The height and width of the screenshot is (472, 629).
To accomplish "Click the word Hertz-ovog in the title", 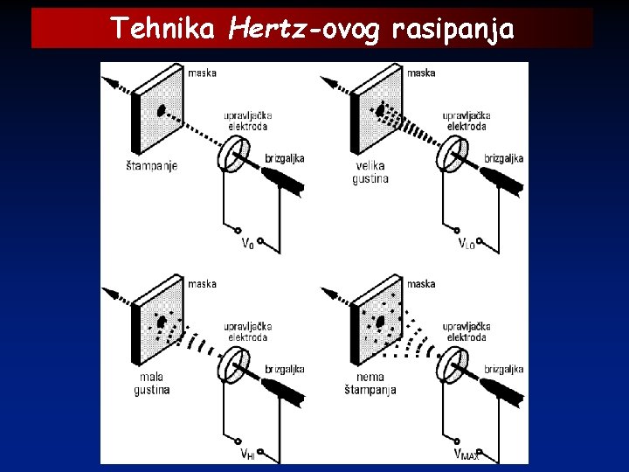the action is (304, 29).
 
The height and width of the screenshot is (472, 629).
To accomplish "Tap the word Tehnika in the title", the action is (162, 28).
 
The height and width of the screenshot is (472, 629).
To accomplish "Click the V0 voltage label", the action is (248, 243).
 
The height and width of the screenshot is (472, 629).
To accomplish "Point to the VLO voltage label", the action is (467, 243).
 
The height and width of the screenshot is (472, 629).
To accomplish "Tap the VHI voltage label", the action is (248, 454).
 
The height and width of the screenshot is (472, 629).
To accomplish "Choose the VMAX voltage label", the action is (467, 454).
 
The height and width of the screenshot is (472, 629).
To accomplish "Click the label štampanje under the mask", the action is (152, 166).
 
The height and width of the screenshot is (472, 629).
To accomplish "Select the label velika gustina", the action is (370, 172).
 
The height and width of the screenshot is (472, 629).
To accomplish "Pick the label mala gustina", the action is (152, 384).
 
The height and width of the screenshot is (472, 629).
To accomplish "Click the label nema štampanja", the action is (370, 384).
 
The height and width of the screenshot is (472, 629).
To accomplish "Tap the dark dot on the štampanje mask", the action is (162, 110).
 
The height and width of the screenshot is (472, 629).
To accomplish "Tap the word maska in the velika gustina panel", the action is (421, 73).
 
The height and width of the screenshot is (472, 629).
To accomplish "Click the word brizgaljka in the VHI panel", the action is (285, 370).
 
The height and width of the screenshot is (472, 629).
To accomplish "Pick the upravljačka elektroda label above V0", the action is (248, 121).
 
